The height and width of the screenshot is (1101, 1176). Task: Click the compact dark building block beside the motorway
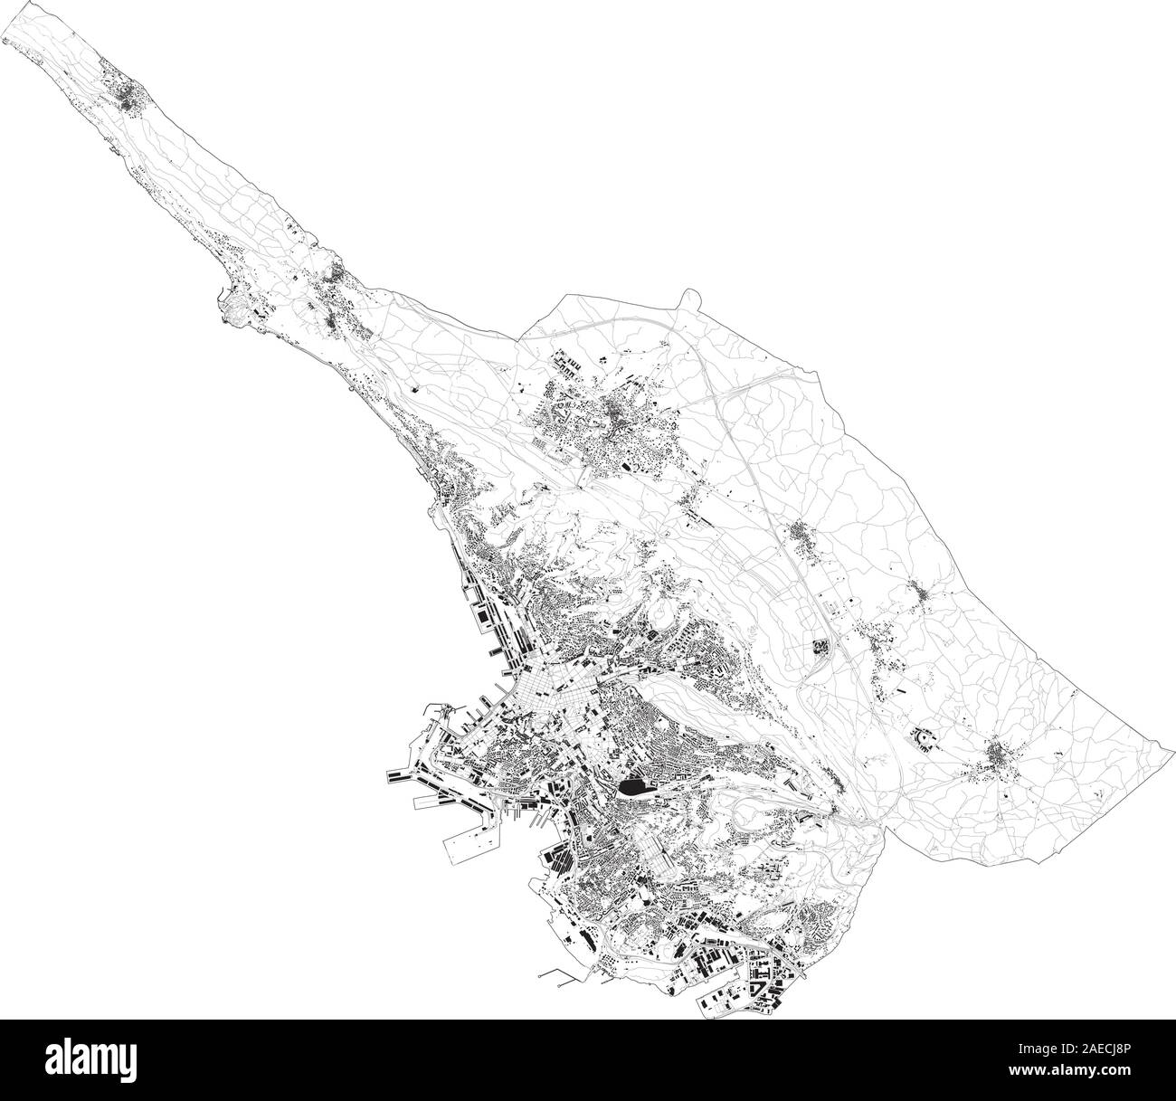tap(821, 648)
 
